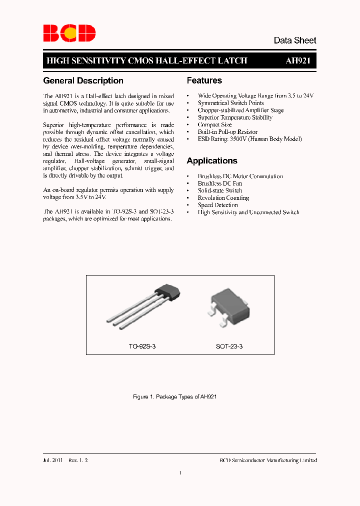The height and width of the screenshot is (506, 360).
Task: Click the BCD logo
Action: [x=69, y=33]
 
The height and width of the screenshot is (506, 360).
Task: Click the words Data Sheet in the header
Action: [x=294, y=40]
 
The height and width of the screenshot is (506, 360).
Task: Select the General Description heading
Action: [x=83, y=80]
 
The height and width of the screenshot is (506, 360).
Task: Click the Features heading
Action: [x=204, y=80]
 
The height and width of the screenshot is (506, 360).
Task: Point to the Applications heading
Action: [x=211, y=161]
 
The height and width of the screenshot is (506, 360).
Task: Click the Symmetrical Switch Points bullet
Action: [x=230, y=103]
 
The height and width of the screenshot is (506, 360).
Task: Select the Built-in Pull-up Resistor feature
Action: [x=227, y=132]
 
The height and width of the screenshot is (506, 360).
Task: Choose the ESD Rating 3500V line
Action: [x=249, y=139]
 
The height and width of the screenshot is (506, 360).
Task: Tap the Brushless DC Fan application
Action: [x=220, y=183]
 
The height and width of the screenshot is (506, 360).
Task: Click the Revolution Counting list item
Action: [x=223, y=198]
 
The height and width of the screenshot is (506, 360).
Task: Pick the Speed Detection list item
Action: [x=217, y=205]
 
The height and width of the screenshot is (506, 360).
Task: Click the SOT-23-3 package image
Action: [x=229, y=307]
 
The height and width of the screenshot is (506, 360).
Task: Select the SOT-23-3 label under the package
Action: [x=229, y=346]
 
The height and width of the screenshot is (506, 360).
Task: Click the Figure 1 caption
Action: [x=174, y=396]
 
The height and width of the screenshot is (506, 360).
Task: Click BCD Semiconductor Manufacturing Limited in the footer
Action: [x=268, y=460]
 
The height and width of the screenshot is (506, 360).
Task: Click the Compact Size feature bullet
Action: [x=214, y=124]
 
